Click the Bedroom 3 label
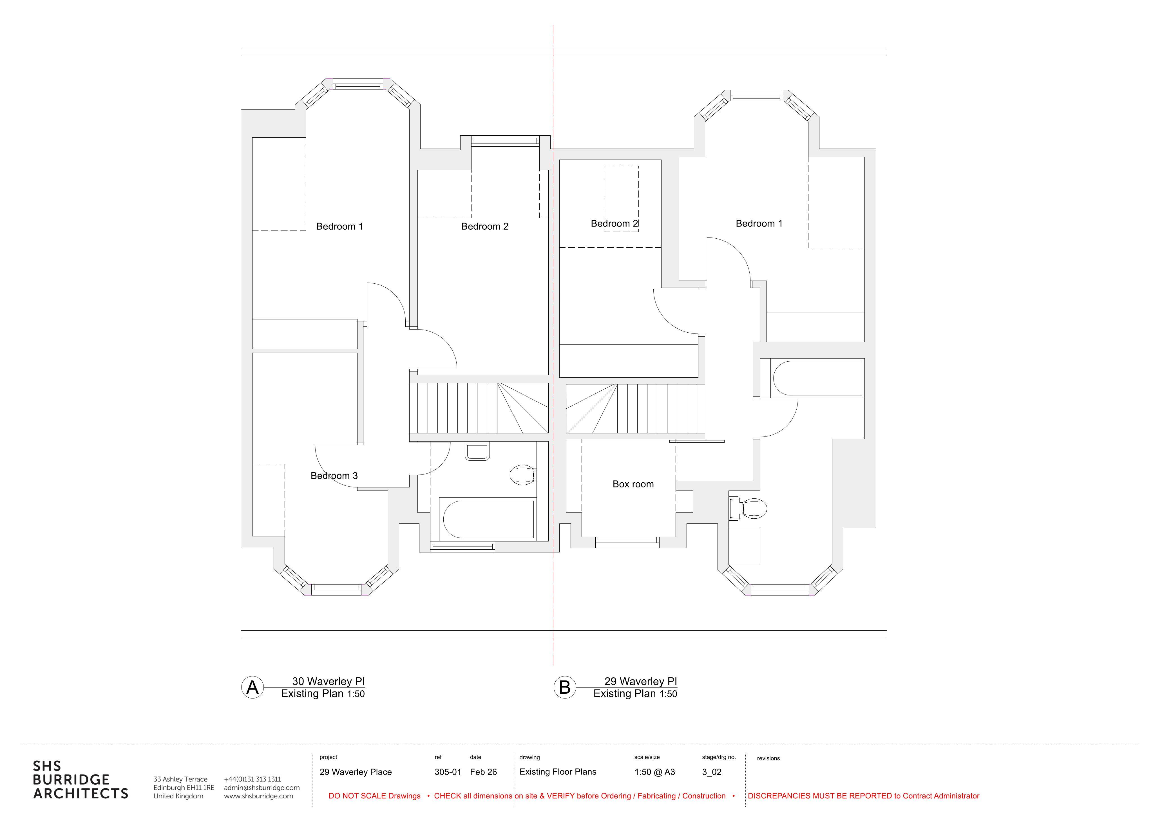(334, 476)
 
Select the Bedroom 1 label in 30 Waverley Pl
(339, 227)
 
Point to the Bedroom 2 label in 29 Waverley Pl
(614, 223)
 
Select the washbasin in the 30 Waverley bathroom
(477, 452)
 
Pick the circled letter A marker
(253, 688)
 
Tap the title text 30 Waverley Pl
(329, 681)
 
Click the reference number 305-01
(448, 772)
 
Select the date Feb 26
(483, 772)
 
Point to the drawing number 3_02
(712, 772)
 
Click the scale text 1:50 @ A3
(655, 772)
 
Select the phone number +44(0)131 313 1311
(253, 779)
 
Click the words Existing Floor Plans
(558, 772)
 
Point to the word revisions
(768, 758)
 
